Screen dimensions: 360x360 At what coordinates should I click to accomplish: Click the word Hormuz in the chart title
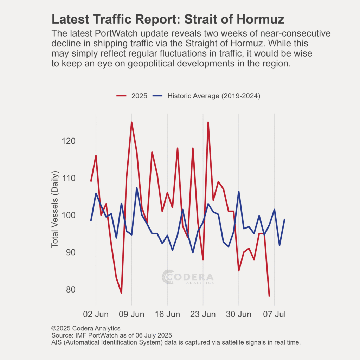(x=261, y=19)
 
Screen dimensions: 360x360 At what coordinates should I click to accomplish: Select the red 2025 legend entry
(x=132, y=96)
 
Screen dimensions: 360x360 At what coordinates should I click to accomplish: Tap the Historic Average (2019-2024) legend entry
(x=206, y=96)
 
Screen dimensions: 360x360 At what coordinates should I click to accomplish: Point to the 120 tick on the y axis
(x=69, y=141)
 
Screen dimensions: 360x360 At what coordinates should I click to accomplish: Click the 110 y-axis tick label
(x=69, y=178)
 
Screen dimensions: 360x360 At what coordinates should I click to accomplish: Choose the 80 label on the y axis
(x=71, y=290)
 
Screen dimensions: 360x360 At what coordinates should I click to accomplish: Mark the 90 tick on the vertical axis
(x=71, y=252)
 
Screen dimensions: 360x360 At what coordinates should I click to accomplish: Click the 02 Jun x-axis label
(x=96, y=314)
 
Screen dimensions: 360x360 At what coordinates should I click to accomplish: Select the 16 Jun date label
(x=167, y=314)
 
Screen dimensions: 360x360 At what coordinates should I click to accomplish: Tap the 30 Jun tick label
(x=239, y=314)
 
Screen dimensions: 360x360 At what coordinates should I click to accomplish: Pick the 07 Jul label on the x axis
(x=274, y=314)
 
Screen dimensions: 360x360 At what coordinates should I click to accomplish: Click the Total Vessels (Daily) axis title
(x=55, y=209)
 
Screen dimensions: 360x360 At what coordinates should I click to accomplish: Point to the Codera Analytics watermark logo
(x=188, y=277)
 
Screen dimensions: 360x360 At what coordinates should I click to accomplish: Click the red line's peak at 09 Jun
(x=131, y=122)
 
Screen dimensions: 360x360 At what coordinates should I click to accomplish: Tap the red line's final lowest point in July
(x=269, y=296)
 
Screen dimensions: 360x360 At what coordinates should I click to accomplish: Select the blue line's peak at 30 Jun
(x=239, y=192)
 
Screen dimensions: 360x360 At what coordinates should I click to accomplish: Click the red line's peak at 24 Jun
(x=208, y=122)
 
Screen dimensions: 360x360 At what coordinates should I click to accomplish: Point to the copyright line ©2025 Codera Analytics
(x=86, y=329)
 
